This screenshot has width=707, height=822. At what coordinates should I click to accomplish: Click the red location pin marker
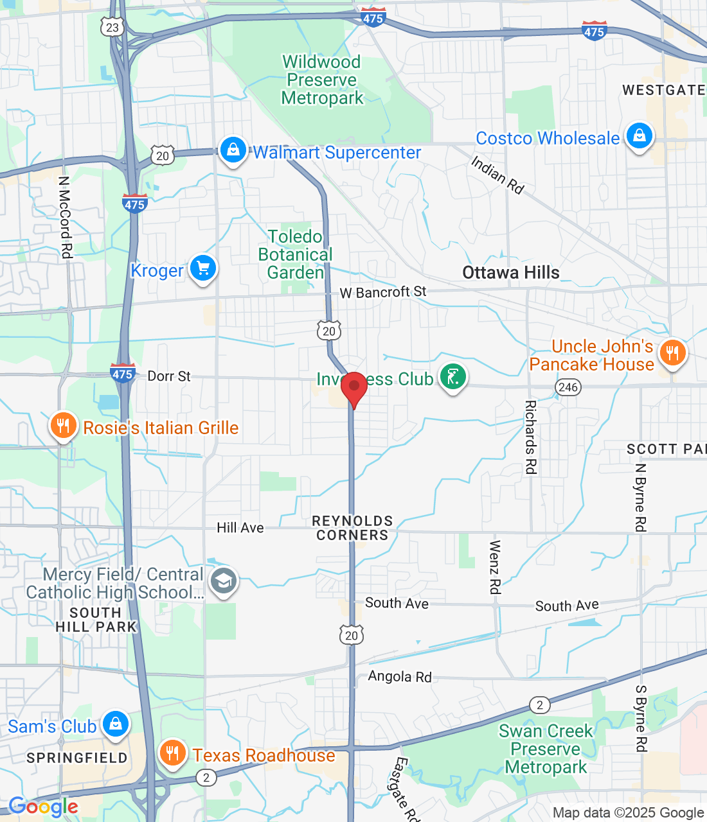353,388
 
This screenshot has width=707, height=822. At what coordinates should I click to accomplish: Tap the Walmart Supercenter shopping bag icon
233,150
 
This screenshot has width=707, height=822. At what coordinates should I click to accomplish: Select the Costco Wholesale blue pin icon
639,136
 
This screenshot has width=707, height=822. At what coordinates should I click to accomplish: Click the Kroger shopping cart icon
203,268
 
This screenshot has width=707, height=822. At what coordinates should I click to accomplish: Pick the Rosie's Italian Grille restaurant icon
63,426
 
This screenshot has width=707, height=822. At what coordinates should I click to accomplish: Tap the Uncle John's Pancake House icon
672,353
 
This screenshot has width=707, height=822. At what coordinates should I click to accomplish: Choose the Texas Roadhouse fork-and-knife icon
172,753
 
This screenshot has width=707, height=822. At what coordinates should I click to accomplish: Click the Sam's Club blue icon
116,724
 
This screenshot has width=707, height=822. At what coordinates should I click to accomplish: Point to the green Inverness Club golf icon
452,377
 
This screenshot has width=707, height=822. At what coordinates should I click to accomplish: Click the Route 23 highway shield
112,27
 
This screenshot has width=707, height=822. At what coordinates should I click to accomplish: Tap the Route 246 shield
568,387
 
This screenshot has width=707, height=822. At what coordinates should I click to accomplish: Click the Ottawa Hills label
511,272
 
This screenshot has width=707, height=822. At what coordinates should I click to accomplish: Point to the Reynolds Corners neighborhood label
352,528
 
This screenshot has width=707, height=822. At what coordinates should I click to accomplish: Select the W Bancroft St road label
383,292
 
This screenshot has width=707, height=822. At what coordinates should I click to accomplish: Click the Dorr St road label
169,376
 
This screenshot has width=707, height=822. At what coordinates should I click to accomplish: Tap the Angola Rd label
400,676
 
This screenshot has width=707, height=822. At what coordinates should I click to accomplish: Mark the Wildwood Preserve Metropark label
322,80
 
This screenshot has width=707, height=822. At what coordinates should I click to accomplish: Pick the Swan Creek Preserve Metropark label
546,749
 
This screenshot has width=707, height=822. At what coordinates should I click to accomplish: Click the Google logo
43,807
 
